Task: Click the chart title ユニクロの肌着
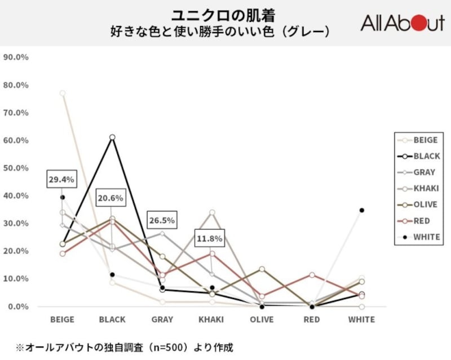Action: pos(225,14)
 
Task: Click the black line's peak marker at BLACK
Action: pos(112,137)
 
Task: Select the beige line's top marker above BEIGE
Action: pos(63,93)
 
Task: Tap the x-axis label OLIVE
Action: pos(262,319)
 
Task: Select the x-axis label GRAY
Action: pos(162,319)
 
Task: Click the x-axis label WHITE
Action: pos(361,319)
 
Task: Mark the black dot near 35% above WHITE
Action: pos(361,210)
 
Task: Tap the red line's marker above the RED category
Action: pos(312,275)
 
